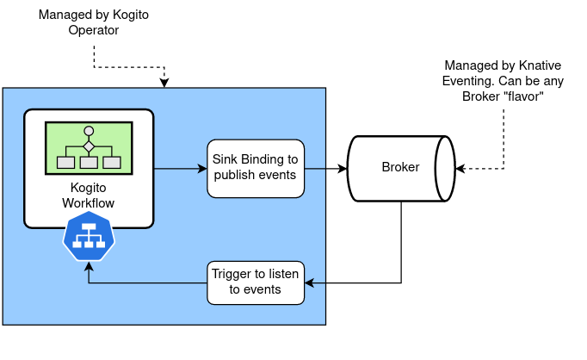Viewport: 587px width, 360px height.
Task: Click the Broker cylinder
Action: pos(400,168)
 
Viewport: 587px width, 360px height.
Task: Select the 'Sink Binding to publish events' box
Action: pos(256,168)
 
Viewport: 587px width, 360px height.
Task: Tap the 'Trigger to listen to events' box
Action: pos(256,282)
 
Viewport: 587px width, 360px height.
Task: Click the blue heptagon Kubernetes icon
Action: pos(89,237)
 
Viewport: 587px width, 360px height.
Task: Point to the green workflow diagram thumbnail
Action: pos(89,148)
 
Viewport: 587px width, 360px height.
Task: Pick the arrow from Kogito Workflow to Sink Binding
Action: pos(181,168)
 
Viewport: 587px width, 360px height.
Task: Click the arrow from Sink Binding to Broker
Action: pos(325,168)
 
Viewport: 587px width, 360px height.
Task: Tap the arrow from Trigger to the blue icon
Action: pos(146,282)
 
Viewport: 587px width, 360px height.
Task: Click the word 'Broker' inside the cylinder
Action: pos(400,167)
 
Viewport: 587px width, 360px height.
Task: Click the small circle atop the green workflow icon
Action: pos(88,132)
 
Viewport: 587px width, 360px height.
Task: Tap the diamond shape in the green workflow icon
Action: pos(88,146)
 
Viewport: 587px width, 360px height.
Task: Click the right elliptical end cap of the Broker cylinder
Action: pos(445,168)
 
